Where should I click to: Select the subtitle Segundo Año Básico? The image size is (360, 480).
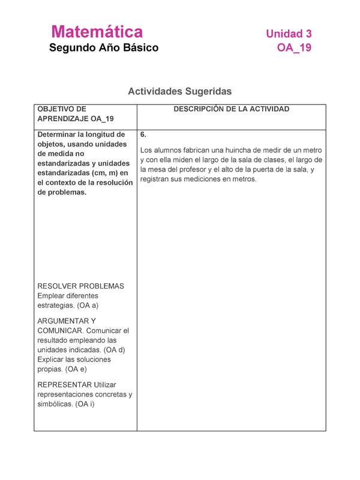pyautogui.click(x=104, y=48)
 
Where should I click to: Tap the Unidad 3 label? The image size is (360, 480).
pyautogui.click(x=289, y=34)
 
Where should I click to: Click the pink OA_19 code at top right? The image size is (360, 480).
pyautogui.click(x=294, y=48)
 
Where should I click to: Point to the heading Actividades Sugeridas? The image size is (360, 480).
pyautogui.click(x=179, y=92)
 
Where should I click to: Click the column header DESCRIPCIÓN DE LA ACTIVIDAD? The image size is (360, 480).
pyautogui.click(x=232, y=109)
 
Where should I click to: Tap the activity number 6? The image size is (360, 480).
pyautogui.click(x=143, y=134)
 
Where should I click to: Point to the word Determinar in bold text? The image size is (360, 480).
pyautogui.click(x=61, y=134)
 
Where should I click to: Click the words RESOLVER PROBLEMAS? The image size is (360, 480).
pyautogui.click(x=80, y=286)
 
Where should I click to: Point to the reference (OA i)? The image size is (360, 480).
pyautogui.click(x=89, y=404)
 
